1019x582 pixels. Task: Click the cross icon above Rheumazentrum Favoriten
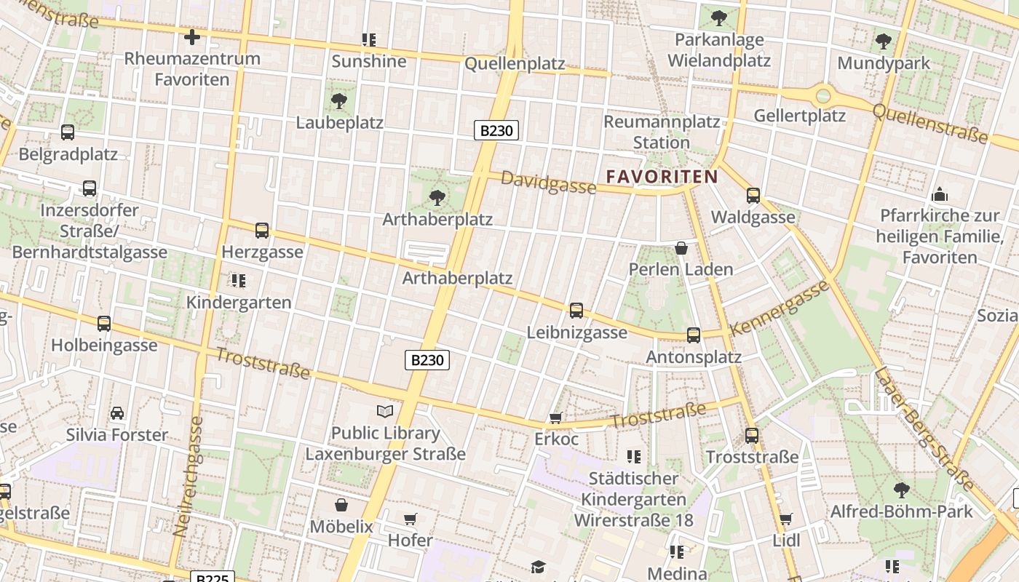click(192, 37)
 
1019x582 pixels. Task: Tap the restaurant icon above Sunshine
click(369, 39)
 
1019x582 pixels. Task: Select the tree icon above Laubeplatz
click(338, 100)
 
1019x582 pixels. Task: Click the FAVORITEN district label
click(662, 176)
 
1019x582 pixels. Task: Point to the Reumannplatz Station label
click(662, 132)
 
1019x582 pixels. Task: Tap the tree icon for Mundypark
click(884, 41)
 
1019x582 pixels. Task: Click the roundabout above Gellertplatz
click(823, 95)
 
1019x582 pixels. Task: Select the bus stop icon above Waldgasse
click(753, 195)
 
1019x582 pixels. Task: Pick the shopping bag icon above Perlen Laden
click(681, 248)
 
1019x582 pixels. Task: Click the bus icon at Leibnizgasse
click(576, 311)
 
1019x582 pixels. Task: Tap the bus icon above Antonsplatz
click(694, 335)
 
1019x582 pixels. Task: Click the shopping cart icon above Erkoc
click(556, 418)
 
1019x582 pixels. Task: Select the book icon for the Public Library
click(385, 412)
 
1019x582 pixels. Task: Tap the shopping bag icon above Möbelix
click(341, 505)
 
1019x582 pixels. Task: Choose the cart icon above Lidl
click(785, 519)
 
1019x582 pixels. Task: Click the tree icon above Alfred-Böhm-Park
click(902, 490)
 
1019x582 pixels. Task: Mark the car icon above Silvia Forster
click(117, 413)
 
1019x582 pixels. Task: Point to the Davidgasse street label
click(548, 183)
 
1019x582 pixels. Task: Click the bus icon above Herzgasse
click(262, 231)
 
